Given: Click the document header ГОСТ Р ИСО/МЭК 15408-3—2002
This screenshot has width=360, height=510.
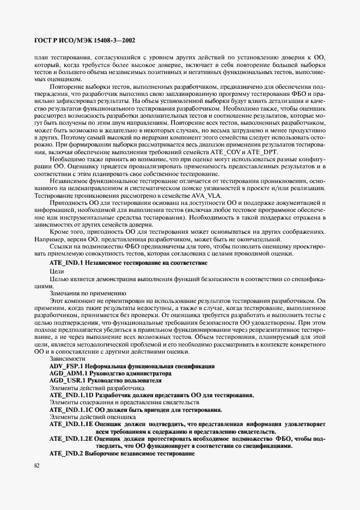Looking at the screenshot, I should click(x=85, y=40).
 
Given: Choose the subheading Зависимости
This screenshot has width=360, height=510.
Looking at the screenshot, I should click(x=67, y=360).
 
